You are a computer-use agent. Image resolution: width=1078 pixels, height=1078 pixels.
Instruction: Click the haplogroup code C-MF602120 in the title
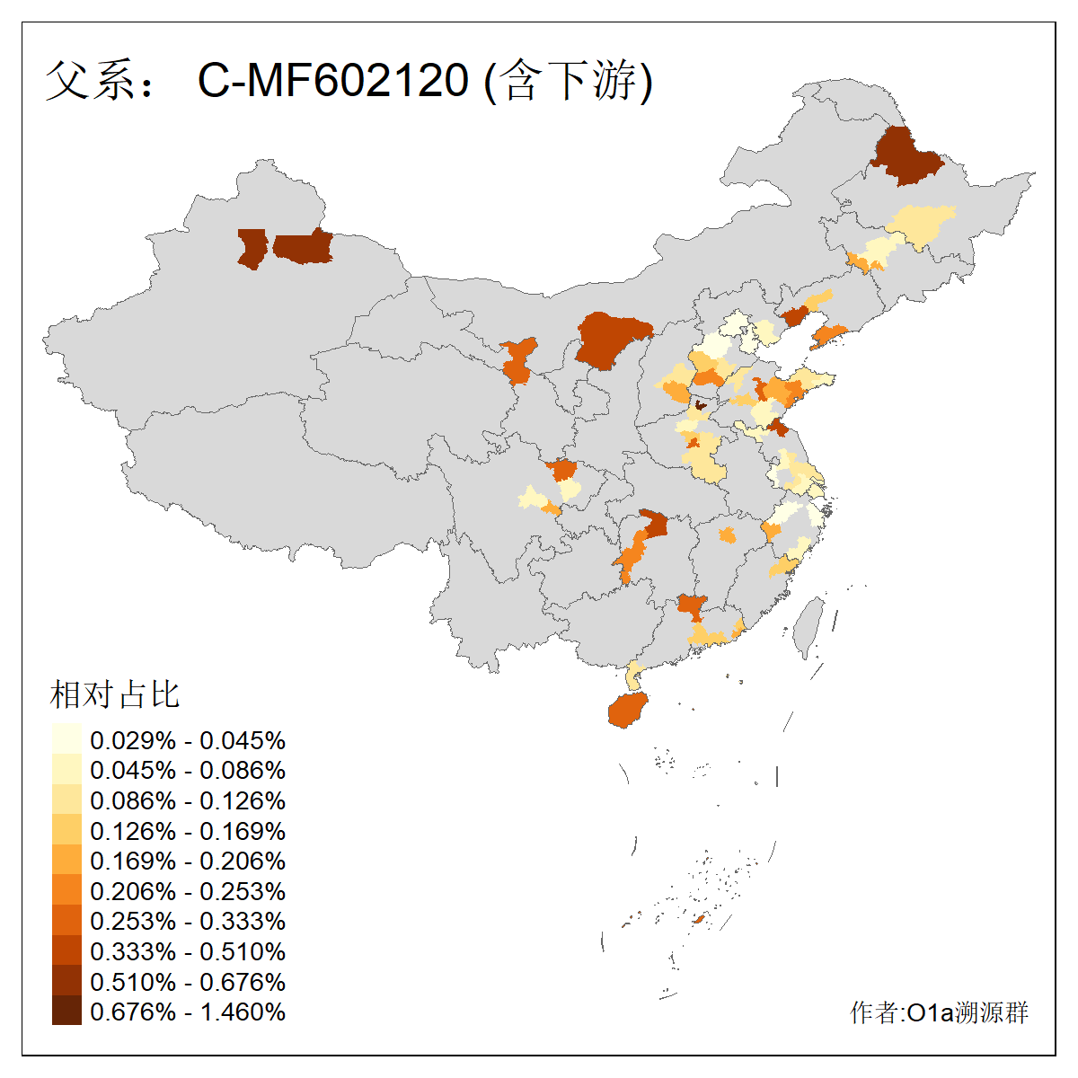coord(332,81)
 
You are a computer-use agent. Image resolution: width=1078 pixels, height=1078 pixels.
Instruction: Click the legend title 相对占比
coord(115,694)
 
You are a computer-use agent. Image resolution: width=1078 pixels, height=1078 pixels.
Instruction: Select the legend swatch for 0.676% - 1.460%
coord(66,1012)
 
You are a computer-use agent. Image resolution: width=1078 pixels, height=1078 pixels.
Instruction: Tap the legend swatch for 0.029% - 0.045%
coord(66,740)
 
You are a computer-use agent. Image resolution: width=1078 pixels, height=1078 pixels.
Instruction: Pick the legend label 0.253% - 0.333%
coord(188,922)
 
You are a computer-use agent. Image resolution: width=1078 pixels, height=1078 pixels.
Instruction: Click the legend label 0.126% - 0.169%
coord(188,831)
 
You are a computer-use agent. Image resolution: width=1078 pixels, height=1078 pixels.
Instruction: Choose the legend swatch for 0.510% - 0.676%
coord(66,982)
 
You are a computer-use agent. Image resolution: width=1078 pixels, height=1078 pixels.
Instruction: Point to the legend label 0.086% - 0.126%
coord(188,800)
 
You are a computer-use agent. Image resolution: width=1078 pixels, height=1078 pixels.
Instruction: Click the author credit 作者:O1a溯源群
coord(939,1013)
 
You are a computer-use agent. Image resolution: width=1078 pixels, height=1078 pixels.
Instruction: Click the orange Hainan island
coord(628,710)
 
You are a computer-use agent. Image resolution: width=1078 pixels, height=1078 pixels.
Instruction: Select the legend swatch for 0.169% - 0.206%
coord(66,861)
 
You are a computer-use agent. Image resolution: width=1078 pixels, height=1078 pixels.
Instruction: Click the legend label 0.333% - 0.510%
coord(188,951)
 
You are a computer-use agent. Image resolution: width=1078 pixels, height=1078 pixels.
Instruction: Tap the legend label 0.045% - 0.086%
coord(188,771)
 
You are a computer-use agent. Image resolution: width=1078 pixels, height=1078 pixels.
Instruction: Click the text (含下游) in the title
coord(569,81)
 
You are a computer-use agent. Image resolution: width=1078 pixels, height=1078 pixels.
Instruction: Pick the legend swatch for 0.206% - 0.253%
coord(66,891)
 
